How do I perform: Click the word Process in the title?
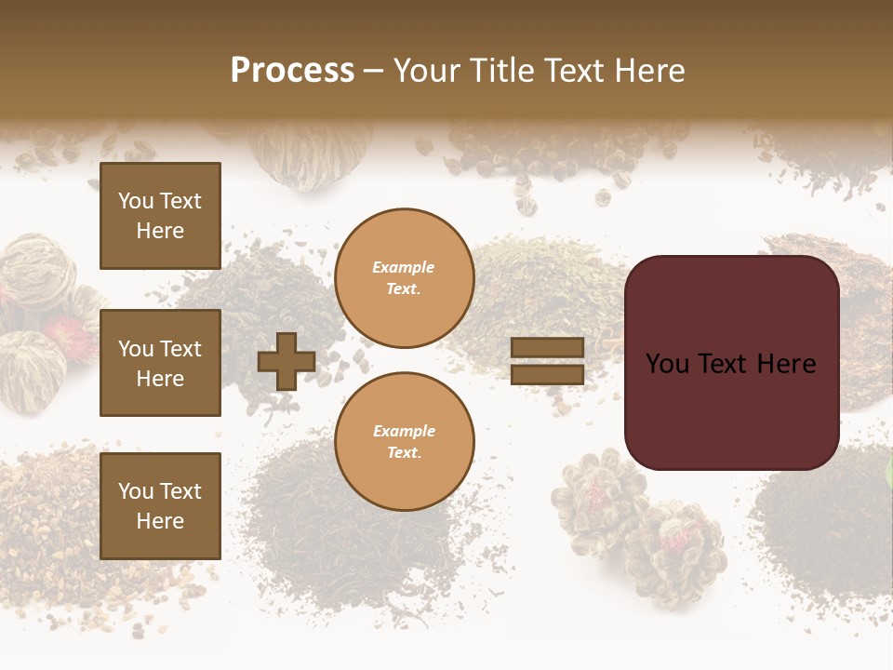coord(292,71)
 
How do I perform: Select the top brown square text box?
coord(160,216)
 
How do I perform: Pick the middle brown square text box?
coord(160,363)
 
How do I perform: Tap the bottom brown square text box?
coord(160,505)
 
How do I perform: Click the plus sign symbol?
coord(286,362)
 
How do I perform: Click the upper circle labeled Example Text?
coord(404,278)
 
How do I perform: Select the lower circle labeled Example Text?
coord(404,441)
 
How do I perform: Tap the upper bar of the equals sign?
coord(548,348)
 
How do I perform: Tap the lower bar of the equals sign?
coord(548,375)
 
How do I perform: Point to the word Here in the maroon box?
coord(785,364)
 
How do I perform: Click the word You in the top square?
coord(136,201)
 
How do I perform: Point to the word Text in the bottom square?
coord(181,491)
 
